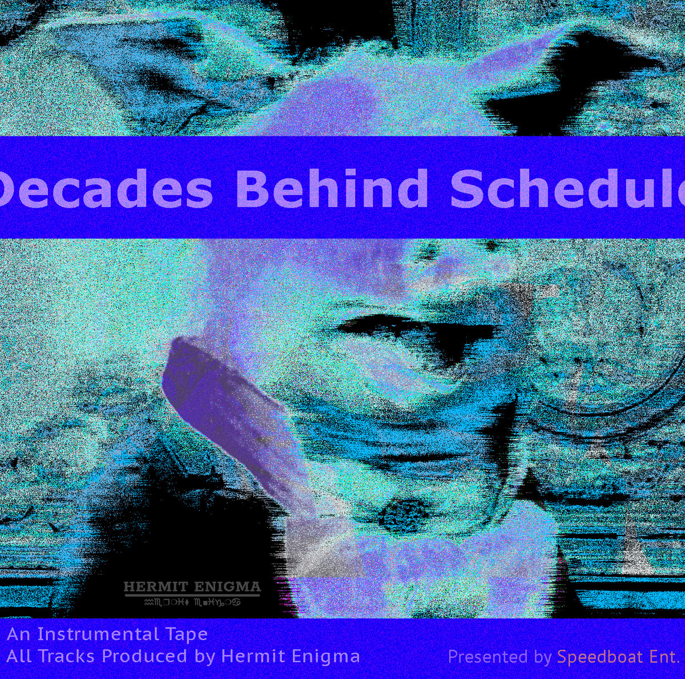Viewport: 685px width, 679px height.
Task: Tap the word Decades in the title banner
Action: [106, 189]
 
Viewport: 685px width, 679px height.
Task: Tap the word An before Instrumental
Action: [19, 634]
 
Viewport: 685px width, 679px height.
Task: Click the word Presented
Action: [487, 657]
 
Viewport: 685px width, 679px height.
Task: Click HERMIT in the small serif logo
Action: [151, 587]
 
